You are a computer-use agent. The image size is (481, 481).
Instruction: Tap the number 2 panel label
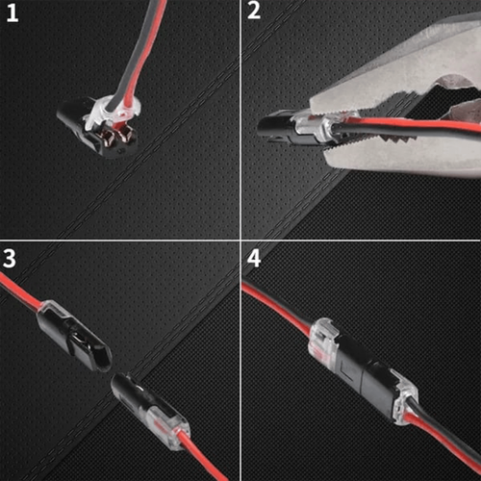(x=254, y=13)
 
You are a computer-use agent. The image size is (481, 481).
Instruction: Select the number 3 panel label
(x=12, y=258)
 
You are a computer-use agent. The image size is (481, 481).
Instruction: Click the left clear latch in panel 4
(x=321, y=344)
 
